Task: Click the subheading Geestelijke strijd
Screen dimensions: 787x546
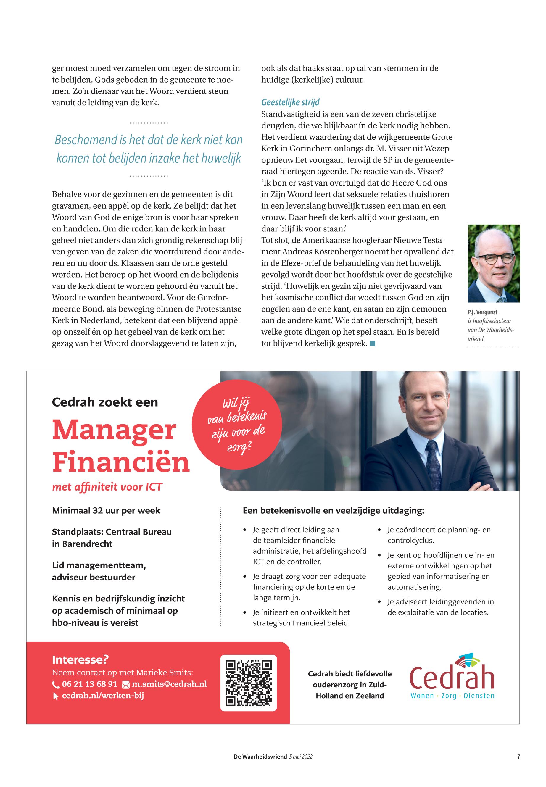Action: pos(290,102)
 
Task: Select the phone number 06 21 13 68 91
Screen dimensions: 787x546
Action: pos(89,684)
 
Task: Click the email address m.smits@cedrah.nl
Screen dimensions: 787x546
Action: pos(169,684)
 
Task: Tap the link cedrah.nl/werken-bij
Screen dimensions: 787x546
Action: pos(103,696)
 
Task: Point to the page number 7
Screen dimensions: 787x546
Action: pos(519,757)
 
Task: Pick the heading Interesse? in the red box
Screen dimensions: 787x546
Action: pos(80,659)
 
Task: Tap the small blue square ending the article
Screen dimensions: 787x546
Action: pos(373,343)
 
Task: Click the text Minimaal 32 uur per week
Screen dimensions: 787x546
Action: pos(106,511)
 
